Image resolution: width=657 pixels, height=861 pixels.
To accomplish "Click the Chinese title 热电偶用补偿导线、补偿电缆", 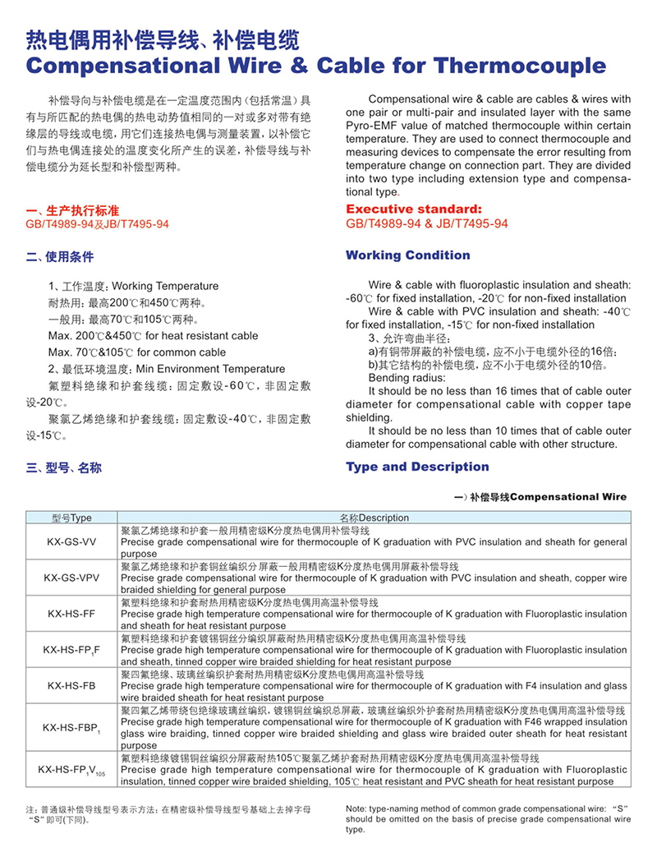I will point(163,39).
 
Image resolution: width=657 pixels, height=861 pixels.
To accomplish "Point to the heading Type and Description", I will point(417,467).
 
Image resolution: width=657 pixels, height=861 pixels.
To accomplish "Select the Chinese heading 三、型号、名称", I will point(64,467).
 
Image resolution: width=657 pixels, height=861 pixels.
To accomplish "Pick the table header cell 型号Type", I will point(71,518).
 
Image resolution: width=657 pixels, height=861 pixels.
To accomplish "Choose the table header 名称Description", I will point(374,518).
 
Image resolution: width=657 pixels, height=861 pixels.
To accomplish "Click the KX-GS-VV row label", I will point(71,541).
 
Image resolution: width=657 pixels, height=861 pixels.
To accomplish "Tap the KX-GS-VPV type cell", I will point(71,578).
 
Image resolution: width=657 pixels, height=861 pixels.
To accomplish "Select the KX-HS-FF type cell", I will point(71,614).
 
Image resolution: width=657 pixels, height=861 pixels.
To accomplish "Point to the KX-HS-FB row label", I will point(71,685).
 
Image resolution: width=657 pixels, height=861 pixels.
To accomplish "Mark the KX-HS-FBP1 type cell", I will point(71,727).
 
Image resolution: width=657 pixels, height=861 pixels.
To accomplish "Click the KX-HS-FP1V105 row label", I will point(71,770).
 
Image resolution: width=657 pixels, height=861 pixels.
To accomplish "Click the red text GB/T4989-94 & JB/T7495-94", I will point(426,223).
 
